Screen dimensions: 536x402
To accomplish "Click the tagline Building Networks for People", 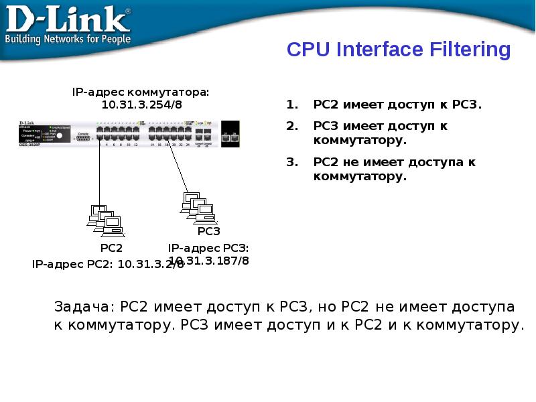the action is point(68,39).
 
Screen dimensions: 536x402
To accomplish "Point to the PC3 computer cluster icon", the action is point(198,206).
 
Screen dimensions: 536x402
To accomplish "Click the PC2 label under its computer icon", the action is point(111,247).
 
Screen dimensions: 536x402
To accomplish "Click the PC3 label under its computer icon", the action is point(209,231).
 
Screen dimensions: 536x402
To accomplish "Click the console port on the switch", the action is point(83,137).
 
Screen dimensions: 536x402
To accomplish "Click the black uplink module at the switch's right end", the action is point(230,134).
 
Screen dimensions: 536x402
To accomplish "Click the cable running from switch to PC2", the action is point(100,174).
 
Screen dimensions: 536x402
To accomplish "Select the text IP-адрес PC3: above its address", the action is point(208,249).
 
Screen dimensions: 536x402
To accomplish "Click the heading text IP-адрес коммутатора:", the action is point(141,92).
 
